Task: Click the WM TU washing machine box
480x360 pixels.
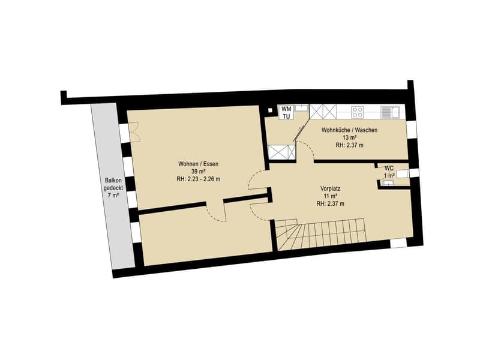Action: click(x=287, y=112)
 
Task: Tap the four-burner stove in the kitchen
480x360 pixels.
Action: click(x=357, y=112)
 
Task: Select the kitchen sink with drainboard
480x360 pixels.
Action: click(x=390, y=112)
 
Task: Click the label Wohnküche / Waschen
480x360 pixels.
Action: click(x=349, y=130)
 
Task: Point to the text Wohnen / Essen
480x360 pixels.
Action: click(x=199, y=164)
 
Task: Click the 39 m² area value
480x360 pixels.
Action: click(x=198, y=172)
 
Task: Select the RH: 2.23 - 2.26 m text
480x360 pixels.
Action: click(x=199, y=179)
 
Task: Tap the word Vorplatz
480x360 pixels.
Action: click(x=331, y=188)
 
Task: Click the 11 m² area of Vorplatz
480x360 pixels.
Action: click(x=331, y=196)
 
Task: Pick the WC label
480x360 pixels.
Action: click(x=389, y=168)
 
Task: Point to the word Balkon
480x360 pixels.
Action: click(x=113, y=181)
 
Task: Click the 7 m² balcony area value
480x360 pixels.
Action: click(x=113, y=196)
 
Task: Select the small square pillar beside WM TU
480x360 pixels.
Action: click(x=270, y=110)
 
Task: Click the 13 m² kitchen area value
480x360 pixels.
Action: click(x=349, y=138)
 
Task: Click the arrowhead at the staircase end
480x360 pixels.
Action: click(x=365, y=230)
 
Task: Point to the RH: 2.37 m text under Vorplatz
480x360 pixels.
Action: click(x=331, y=203)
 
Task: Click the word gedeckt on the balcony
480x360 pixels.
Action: click(x=113, y=188)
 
